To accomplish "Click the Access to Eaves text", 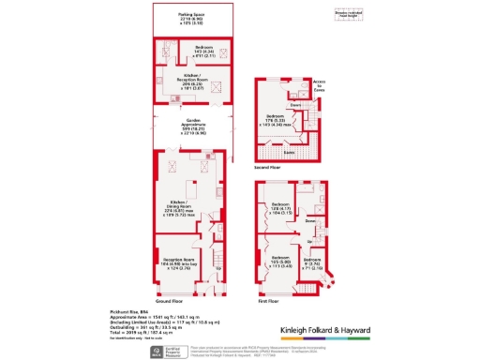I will pos(318,85).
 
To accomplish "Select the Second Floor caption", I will pos(269,167).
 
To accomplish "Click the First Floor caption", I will pos(268,301).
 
